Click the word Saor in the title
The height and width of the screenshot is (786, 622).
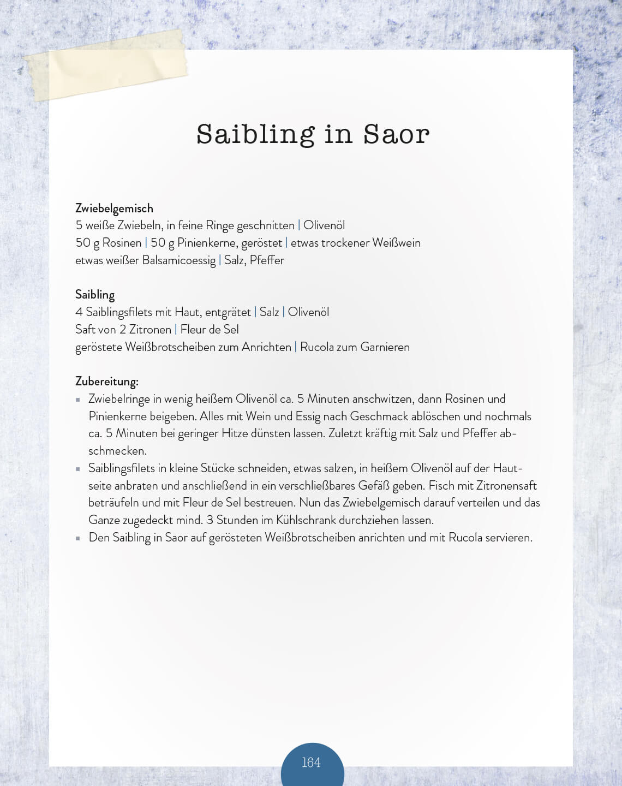[x=397, y=134]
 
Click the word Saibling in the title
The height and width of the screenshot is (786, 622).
[x=255, y=134]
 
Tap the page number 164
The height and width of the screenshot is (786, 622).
[x=311, y=763]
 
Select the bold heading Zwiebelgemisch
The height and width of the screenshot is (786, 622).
[x=114, y=208]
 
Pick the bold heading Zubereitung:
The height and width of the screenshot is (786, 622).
[x=107, y=381]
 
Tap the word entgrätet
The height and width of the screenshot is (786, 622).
[x=228, y=312]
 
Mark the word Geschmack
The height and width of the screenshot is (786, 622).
[x=379, y=416]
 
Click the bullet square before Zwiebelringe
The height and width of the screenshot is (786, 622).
[x=78, y=400]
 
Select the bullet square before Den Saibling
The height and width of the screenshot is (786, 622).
[x=78, y=538]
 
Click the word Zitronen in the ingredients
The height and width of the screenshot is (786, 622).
[x=150, y=330]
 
